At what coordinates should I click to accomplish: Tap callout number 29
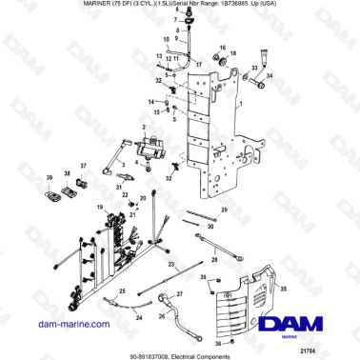224,209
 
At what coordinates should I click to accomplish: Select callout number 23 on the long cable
171,262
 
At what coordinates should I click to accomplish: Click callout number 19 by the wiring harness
98,207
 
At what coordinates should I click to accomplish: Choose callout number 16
222,48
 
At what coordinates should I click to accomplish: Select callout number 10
166,41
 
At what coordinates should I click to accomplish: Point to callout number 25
121,289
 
